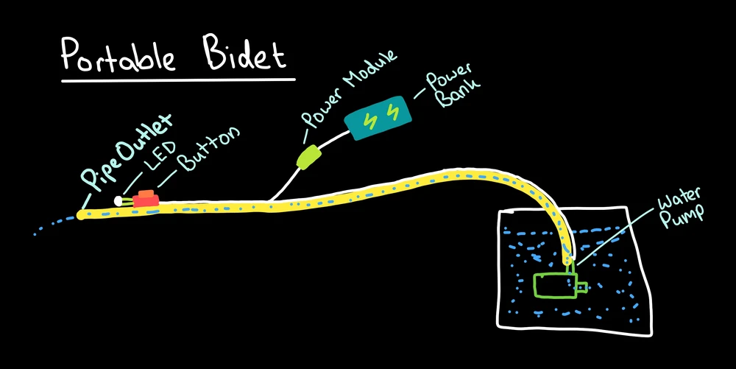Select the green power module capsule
[x=308, y=156]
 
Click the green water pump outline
[x=552, y=285]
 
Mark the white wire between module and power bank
[x=336, y=140]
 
